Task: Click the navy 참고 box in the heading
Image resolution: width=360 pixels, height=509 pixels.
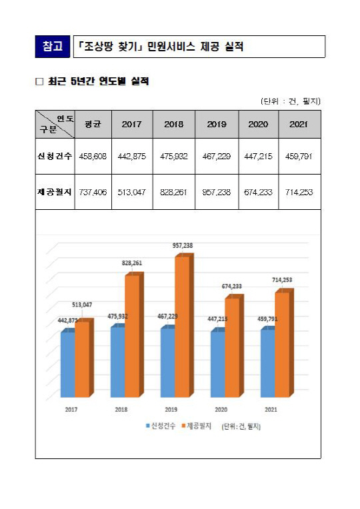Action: pos(52,47)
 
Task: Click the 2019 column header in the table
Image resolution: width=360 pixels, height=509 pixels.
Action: pos(217,125)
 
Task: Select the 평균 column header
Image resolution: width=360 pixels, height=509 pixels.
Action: pos(93,125)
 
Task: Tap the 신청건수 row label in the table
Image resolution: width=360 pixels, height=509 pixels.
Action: pos(55,156)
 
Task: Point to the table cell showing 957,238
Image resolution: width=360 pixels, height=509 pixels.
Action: pos(217,192)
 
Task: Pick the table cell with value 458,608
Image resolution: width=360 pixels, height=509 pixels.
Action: pos(93,156)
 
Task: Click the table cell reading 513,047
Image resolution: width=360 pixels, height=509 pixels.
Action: pos(132,192)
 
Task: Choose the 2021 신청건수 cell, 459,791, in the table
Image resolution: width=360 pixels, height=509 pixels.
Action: pos(299,156)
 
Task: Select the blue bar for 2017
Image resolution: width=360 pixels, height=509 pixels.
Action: pos(68,363)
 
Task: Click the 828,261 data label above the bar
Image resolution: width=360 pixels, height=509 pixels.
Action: pos(132,263)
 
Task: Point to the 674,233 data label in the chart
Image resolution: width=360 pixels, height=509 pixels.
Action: pos(232,286)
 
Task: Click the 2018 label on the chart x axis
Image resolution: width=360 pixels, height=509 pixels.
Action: pos(121,410)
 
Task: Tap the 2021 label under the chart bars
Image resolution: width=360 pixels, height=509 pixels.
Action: pos(271,410)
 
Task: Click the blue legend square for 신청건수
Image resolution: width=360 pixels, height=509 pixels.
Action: pos(148,426)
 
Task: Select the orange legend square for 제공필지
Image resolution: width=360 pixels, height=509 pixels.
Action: pos(183,426)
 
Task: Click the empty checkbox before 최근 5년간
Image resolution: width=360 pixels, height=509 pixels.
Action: pos(39,81)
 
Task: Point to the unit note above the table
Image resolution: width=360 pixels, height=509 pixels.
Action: pos(291,101)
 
